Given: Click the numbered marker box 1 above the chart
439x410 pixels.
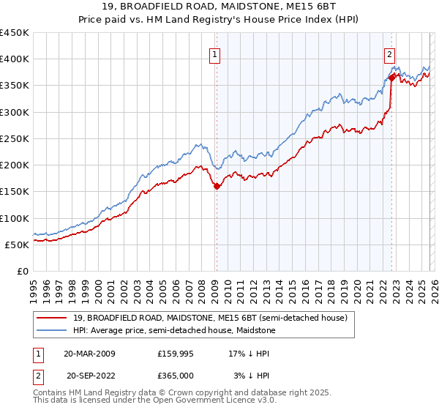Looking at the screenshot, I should click(x=215, y=53).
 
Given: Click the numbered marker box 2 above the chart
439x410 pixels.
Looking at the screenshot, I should click(x=391, y=53).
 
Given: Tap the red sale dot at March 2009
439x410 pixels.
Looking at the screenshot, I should click(x=217, y=187).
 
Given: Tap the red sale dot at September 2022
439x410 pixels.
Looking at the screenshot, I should click(x=392, y=76).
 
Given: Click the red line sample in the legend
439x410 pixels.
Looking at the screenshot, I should click(x=53, y=317).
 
